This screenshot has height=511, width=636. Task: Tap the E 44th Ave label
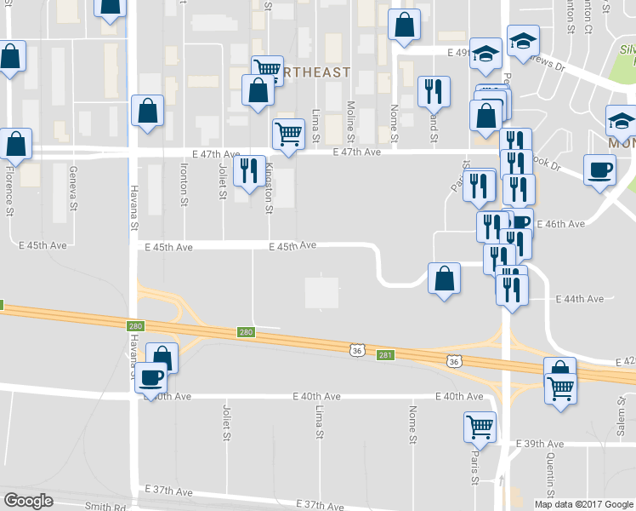click(579, 299)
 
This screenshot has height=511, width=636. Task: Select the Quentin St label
click(551, 472)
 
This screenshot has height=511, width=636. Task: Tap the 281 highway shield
click(385, 354)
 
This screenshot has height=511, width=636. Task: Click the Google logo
click(28, 501)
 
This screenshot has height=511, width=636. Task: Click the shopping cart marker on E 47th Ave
click(288, 133)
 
